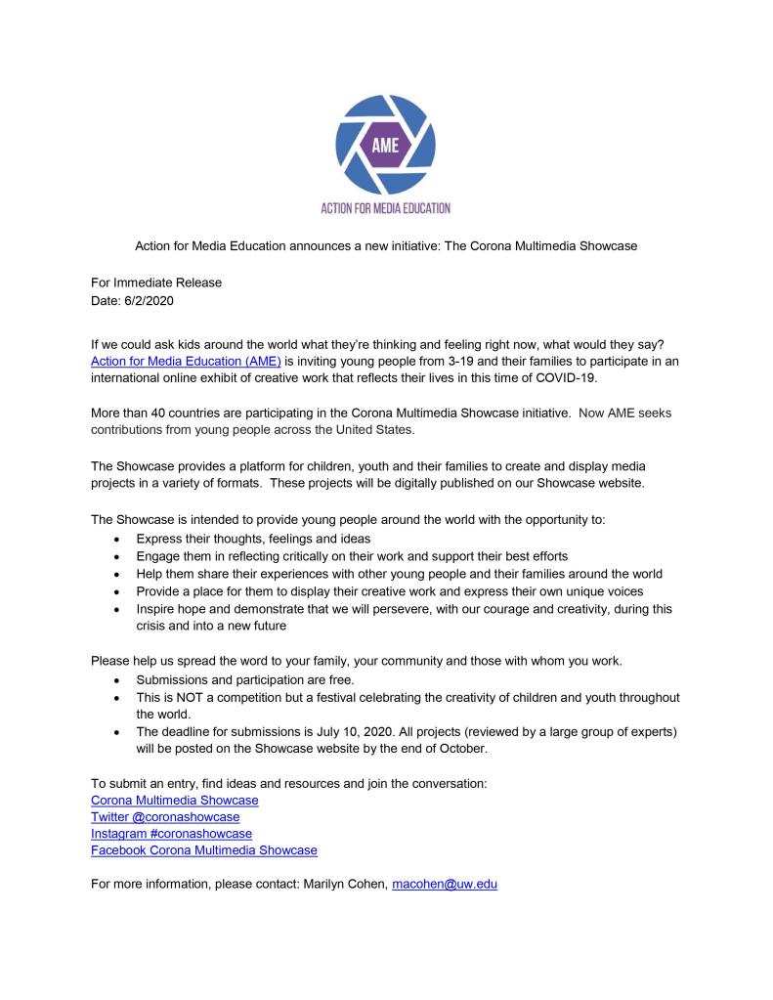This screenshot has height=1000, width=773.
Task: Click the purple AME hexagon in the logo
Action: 386,148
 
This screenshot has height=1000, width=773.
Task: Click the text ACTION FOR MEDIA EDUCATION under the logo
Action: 386,208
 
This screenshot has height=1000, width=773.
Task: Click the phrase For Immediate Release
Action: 156,283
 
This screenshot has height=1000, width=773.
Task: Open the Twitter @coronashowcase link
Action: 165,816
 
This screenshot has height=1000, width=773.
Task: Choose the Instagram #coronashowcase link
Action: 171,833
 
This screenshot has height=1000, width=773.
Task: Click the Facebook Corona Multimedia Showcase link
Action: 204,849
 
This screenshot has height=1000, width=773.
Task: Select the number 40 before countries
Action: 156,413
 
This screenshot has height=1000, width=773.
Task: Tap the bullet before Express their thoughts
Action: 118,540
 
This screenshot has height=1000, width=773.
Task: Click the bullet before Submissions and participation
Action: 118,680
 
